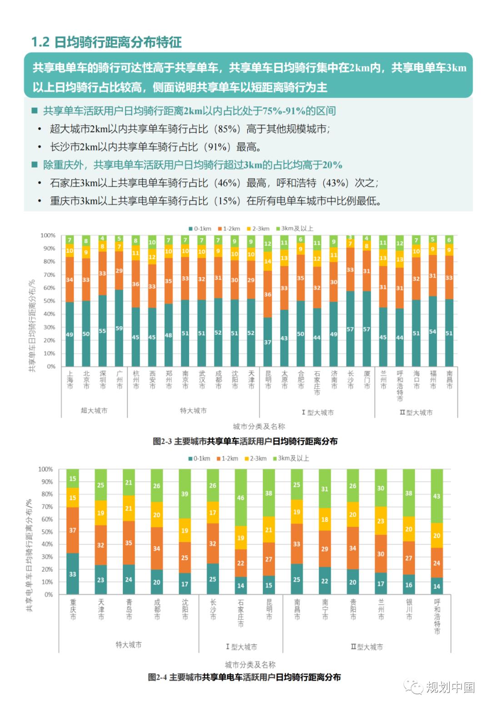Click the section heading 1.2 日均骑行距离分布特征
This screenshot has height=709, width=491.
106,42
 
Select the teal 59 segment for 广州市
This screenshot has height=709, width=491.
119,328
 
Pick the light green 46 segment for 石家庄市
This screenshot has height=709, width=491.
240,497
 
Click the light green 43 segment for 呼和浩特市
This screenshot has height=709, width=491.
436,496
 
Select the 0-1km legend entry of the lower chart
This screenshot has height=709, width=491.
199,458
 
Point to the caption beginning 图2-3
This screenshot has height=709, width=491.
245,441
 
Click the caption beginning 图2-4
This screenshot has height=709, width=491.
244,677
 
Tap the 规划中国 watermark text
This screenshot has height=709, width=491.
450,687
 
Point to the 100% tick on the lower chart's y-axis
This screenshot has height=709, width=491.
45,469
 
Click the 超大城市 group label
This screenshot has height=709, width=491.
94,410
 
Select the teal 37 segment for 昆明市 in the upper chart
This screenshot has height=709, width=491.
268,342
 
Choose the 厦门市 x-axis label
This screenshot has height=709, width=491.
367,379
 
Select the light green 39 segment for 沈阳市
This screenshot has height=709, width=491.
185,494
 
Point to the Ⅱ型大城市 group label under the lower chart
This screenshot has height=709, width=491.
366,646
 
